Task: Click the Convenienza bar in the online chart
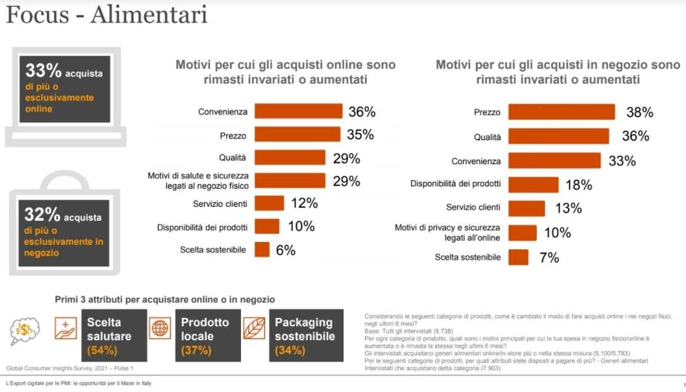point(298,111)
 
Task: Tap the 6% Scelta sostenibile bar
point(262,249)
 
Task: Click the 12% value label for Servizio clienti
point(304,203)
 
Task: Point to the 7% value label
point(549,257)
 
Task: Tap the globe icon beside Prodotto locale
point(159,328)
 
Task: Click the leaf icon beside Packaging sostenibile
point(253,328)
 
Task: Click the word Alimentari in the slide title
point(149,15)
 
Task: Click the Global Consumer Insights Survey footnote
point(70,368)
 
